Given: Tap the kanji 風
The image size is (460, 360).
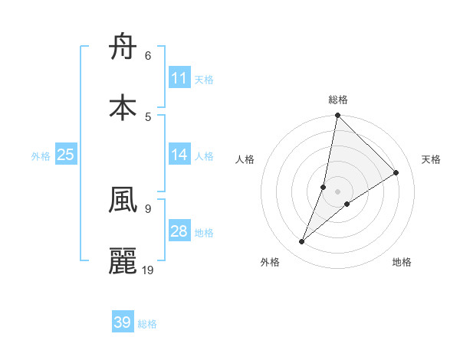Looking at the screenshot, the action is tap(123, 201).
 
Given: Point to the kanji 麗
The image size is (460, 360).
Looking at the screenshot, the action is tap(123, 260).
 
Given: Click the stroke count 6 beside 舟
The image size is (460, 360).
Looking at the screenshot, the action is tap(148, 56).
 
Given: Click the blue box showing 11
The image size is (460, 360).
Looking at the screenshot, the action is tap(179, 78).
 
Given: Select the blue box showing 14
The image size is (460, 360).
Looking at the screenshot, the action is tap(179, 155).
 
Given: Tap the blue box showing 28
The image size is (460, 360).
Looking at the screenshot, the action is tap(179, 231).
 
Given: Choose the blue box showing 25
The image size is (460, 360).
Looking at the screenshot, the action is tap(66, 155).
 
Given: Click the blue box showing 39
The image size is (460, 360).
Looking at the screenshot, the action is tap(123, 322).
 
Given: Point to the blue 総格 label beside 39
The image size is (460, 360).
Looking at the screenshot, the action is tap(147, 324).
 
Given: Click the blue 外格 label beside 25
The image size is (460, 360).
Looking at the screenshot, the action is tap(41, 156).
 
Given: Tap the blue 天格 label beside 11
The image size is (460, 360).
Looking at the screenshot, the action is tap(204, 79).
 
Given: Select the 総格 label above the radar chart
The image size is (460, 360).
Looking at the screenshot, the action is tap(338, 100).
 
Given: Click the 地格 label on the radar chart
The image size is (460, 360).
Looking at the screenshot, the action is tap(402, 262).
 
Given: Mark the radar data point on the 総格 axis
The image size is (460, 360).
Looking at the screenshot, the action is tap(337, 116).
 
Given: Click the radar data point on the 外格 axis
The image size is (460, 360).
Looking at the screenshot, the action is tap(302, 242).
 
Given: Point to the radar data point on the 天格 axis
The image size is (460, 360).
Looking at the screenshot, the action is tap(396, 172).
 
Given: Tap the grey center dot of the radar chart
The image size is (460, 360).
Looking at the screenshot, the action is tap(337, 191).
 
